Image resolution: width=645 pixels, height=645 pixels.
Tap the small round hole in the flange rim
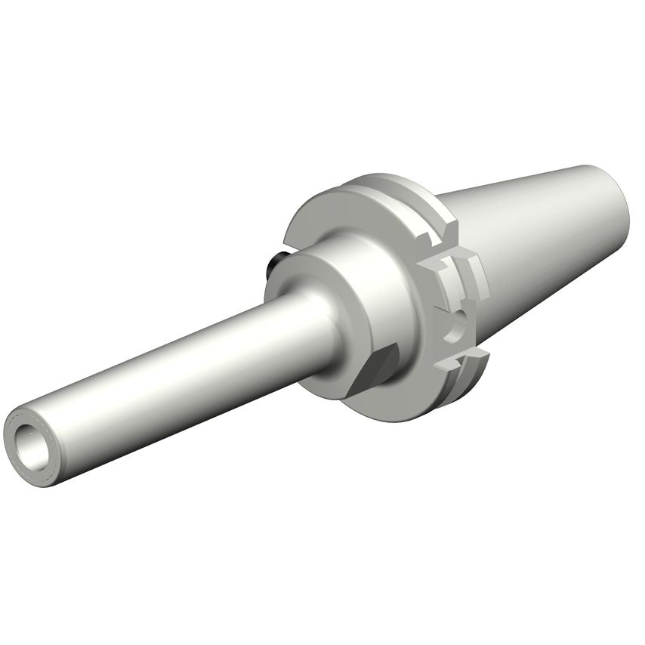coord(453,330)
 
